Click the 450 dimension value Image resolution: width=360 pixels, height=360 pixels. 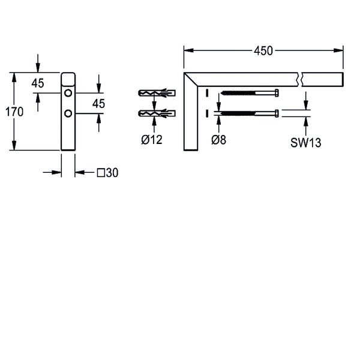(263, 51)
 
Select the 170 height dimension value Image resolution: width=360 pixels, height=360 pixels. (14, 112)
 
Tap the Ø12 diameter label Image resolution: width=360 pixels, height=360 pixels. (152, 140)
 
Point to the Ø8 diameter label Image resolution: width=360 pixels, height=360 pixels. (218, 140)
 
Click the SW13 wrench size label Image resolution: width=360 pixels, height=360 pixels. (305, 143)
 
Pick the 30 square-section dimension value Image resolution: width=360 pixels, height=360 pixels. (112, 173)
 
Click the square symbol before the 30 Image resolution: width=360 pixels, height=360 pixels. (101, 173)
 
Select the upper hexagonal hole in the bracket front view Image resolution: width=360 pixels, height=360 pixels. (68, 93)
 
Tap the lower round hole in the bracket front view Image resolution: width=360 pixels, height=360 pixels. (68, 113)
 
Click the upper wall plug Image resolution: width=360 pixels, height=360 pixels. (157, 93)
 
